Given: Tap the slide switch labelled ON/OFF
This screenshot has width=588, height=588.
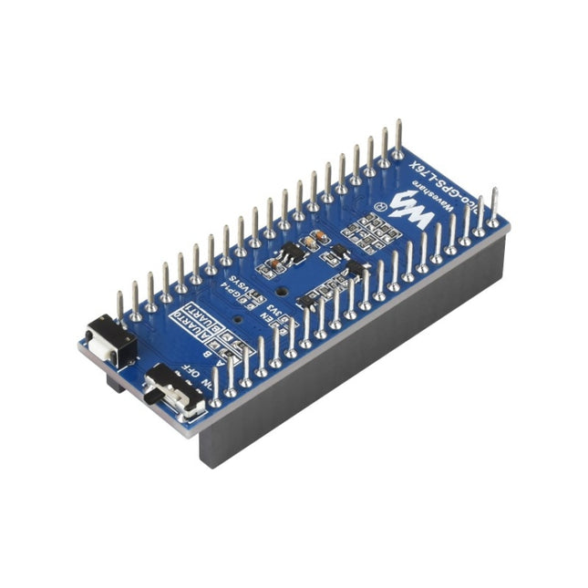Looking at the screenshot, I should click(177, 389).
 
